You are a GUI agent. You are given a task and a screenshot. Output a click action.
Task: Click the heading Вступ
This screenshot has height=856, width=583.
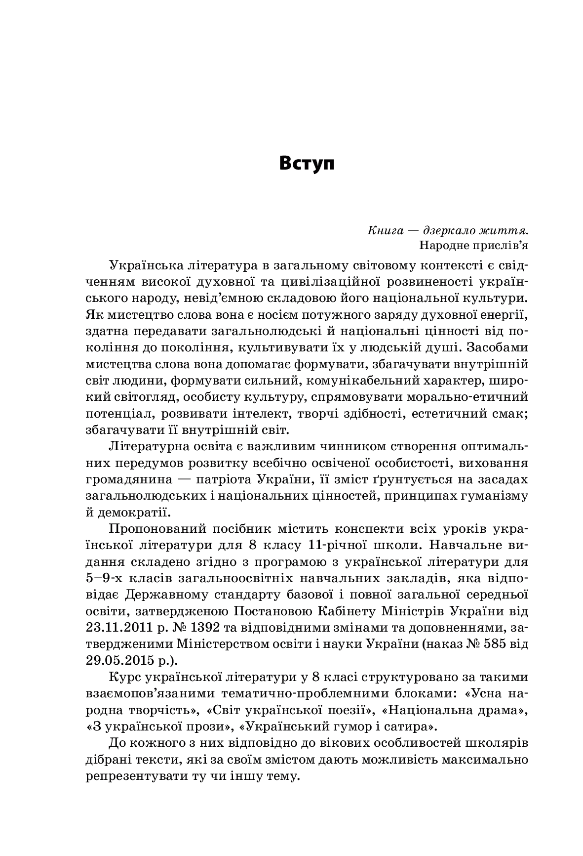[x=307, y=164]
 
